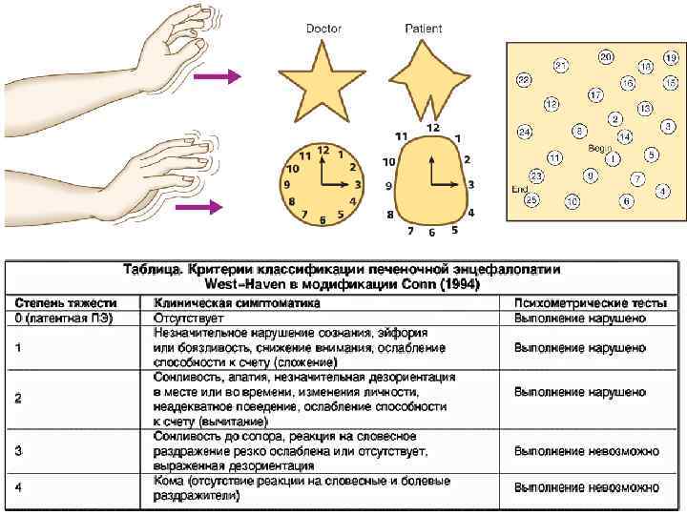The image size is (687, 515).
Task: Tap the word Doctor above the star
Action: pyautogui.click(x=323, y=29)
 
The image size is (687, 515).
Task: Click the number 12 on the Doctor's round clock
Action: pyautogui.click(x=323, y=149)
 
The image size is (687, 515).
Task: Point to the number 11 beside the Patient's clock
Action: pyautogui.click(x=402, y=136)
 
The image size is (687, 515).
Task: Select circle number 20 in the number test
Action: pyautogui.click(x=606, y=57)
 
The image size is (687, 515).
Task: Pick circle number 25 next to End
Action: pyautogui.click(x=532, y=199)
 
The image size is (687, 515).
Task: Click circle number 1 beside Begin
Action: pyautogui.click(x=612, y=159)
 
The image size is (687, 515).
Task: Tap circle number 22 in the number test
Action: pyautogui.click(x=524, y=81)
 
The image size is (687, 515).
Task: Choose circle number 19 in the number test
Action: pyautogui.click(x=671, y=58)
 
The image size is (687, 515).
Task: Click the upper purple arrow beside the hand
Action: pyautogui.click(x=221, y=78)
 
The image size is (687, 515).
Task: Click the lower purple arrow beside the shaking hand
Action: pyautogui.click(x=214, y=205)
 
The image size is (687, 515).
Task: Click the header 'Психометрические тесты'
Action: pyautogui.click(x=581, y=302)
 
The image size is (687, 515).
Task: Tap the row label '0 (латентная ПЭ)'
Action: pyautogui.click(x=63, y=318)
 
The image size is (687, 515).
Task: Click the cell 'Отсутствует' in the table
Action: pyautogui.click(x=189, y=318)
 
